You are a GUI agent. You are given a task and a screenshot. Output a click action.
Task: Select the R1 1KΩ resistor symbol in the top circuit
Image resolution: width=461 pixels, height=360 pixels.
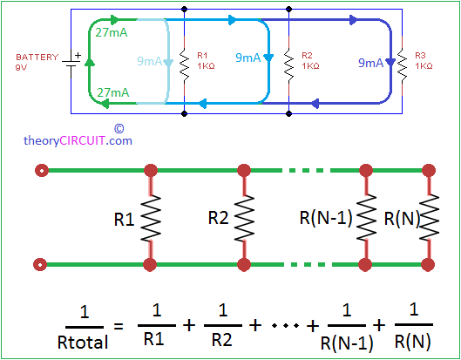185,61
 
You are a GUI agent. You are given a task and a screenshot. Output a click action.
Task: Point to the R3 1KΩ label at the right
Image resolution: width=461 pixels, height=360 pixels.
423,61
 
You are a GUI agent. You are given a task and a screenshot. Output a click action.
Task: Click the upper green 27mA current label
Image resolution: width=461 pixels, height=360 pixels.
113,32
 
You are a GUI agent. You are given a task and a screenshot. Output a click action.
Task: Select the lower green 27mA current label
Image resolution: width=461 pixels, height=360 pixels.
113,92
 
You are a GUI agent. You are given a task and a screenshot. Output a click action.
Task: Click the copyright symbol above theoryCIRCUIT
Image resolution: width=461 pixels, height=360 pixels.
119,126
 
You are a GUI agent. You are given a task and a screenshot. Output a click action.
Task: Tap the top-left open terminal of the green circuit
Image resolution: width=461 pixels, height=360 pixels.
40,169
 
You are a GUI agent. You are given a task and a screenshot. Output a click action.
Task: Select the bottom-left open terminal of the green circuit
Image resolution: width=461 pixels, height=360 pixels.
40,263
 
